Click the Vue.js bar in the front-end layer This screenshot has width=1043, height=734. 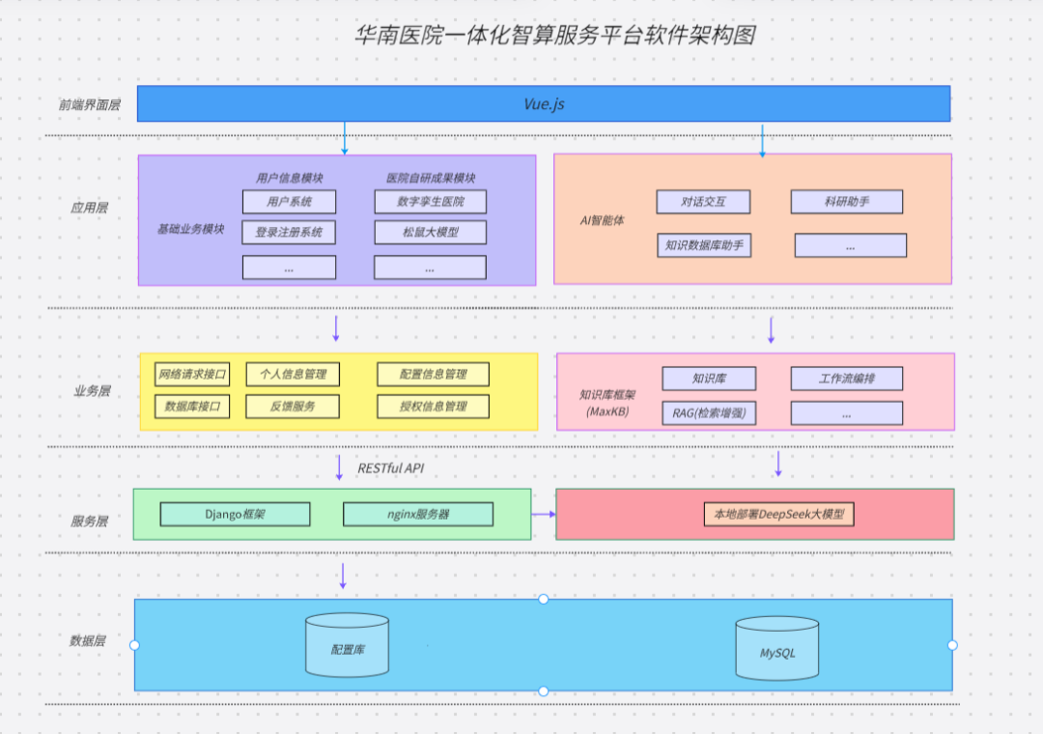543,103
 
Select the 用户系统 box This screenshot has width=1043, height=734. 289,202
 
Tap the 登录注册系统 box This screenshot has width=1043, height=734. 289,233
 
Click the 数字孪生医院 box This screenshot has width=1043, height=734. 430,202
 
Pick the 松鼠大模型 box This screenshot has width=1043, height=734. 430,233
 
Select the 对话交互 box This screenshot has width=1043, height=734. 703,202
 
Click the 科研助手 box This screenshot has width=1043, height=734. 846,202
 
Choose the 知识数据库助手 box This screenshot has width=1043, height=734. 703,245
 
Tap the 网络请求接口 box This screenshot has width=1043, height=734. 192,375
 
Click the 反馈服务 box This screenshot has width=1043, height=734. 293,407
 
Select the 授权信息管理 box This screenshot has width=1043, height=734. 433,407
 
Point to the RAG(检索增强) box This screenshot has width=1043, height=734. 709,413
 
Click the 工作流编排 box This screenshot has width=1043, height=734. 846,379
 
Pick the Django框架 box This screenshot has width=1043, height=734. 235,515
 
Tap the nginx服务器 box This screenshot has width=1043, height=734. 418,515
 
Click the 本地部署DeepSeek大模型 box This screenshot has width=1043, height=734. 778,515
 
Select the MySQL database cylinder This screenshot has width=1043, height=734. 777,650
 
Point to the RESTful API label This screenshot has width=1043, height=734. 390,468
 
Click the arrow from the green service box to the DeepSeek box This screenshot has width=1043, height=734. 544,514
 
